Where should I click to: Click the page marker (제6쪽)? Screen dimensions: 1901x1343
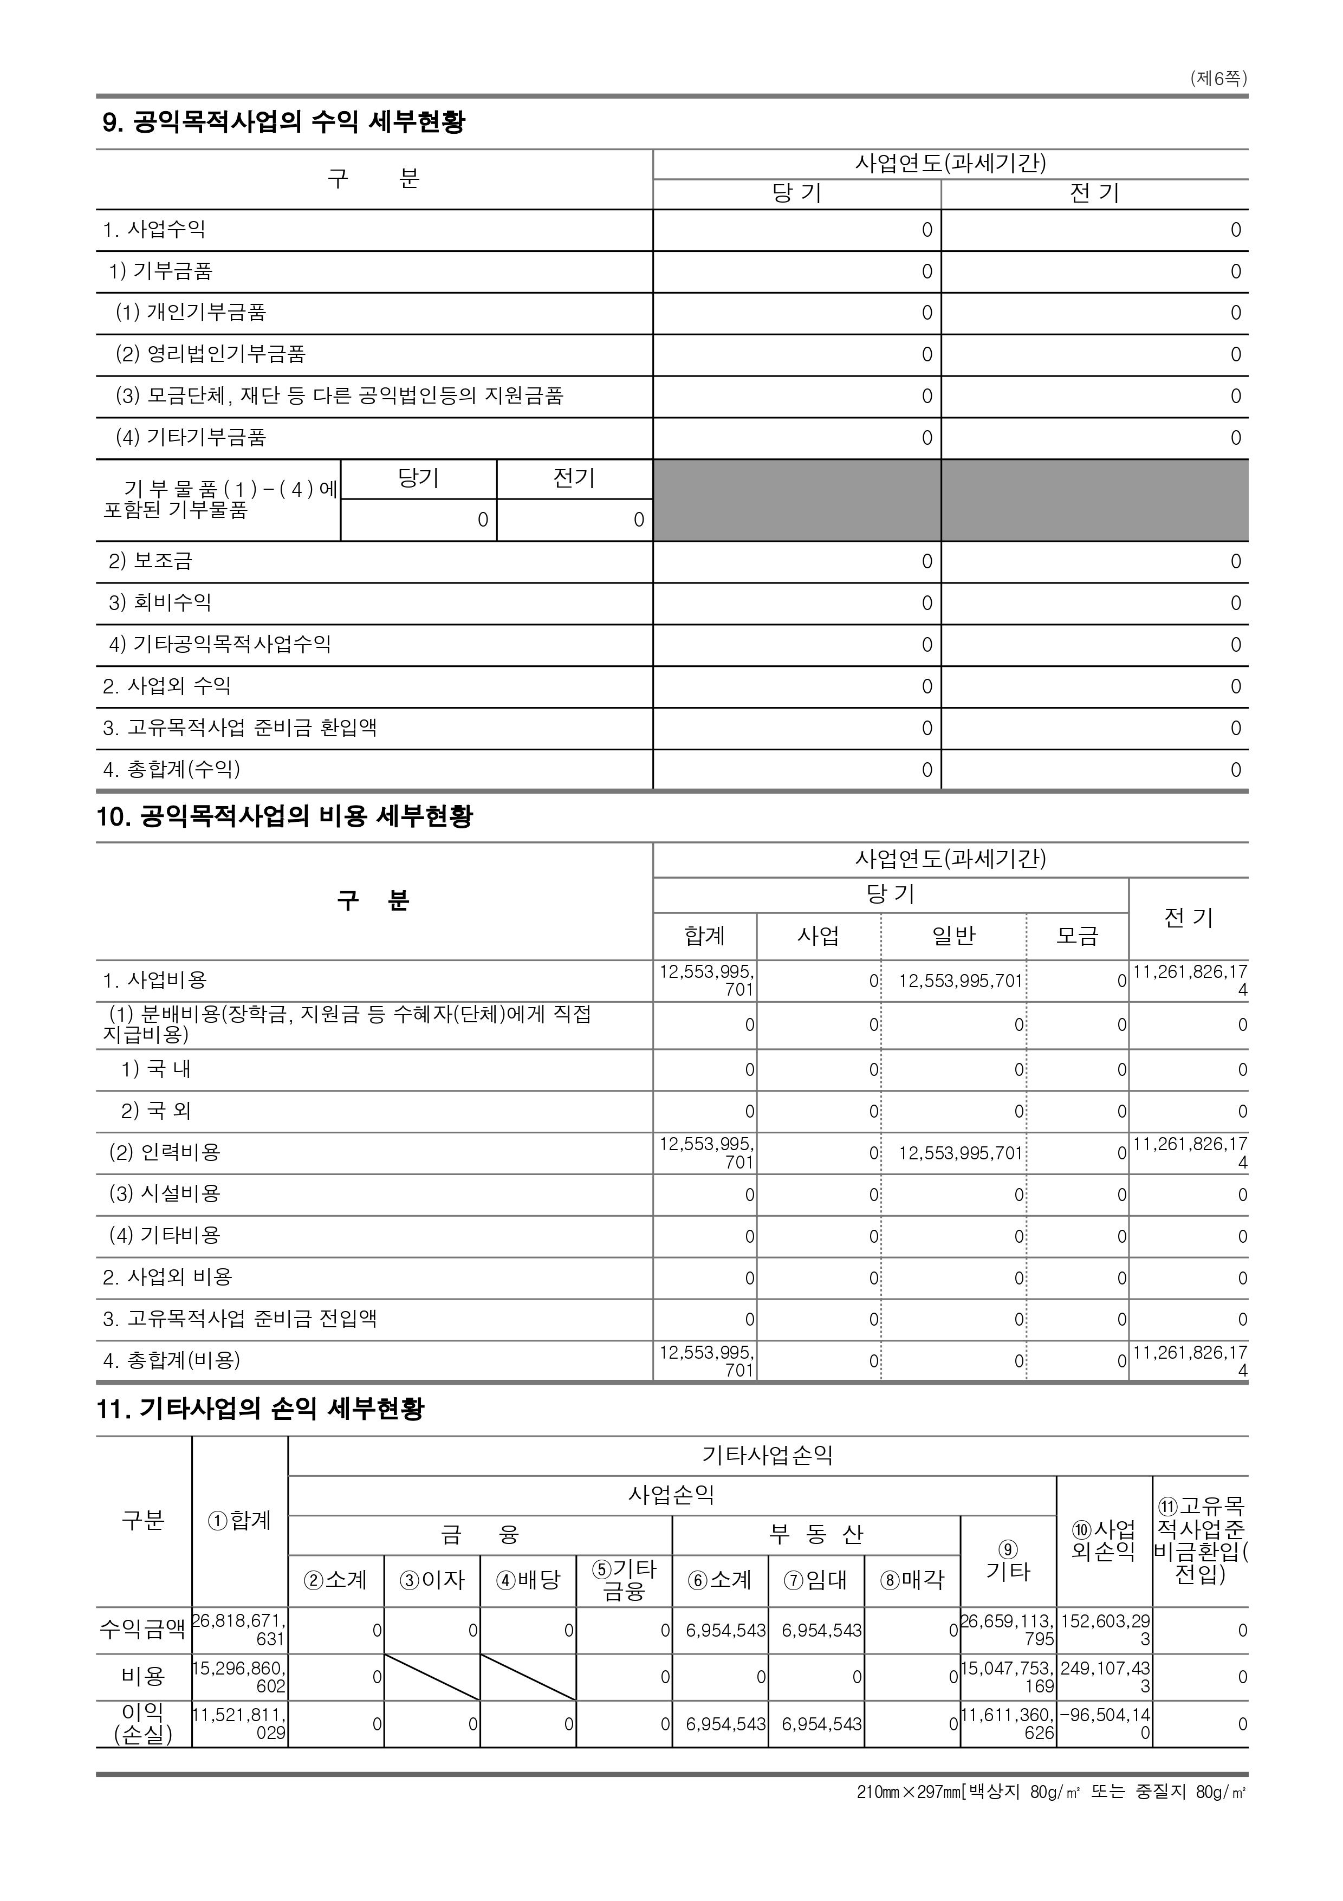(1218, 79)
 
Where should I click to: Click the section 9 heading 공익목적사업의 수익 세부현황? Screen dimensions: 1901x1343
(283, 122)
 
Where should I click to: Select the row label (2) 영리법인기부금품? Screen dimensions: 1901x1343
(210, 354)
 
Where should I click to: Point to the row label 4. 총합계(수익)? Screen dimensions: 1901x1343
(171, 769)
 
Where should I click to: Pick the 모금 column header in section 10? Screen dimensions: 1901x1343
(1077, 937)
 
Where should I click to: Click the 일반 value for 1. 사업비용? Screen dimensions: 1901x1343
(961, 981)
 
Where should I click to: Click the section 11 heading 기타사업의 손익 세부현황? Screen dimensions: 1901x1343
(260, 1409)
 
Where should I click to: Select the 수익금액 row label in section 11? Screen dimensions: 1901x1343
(143, 1630)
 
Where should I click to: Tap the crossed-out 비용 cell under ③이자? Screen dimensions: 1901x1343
(432, 1677)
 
